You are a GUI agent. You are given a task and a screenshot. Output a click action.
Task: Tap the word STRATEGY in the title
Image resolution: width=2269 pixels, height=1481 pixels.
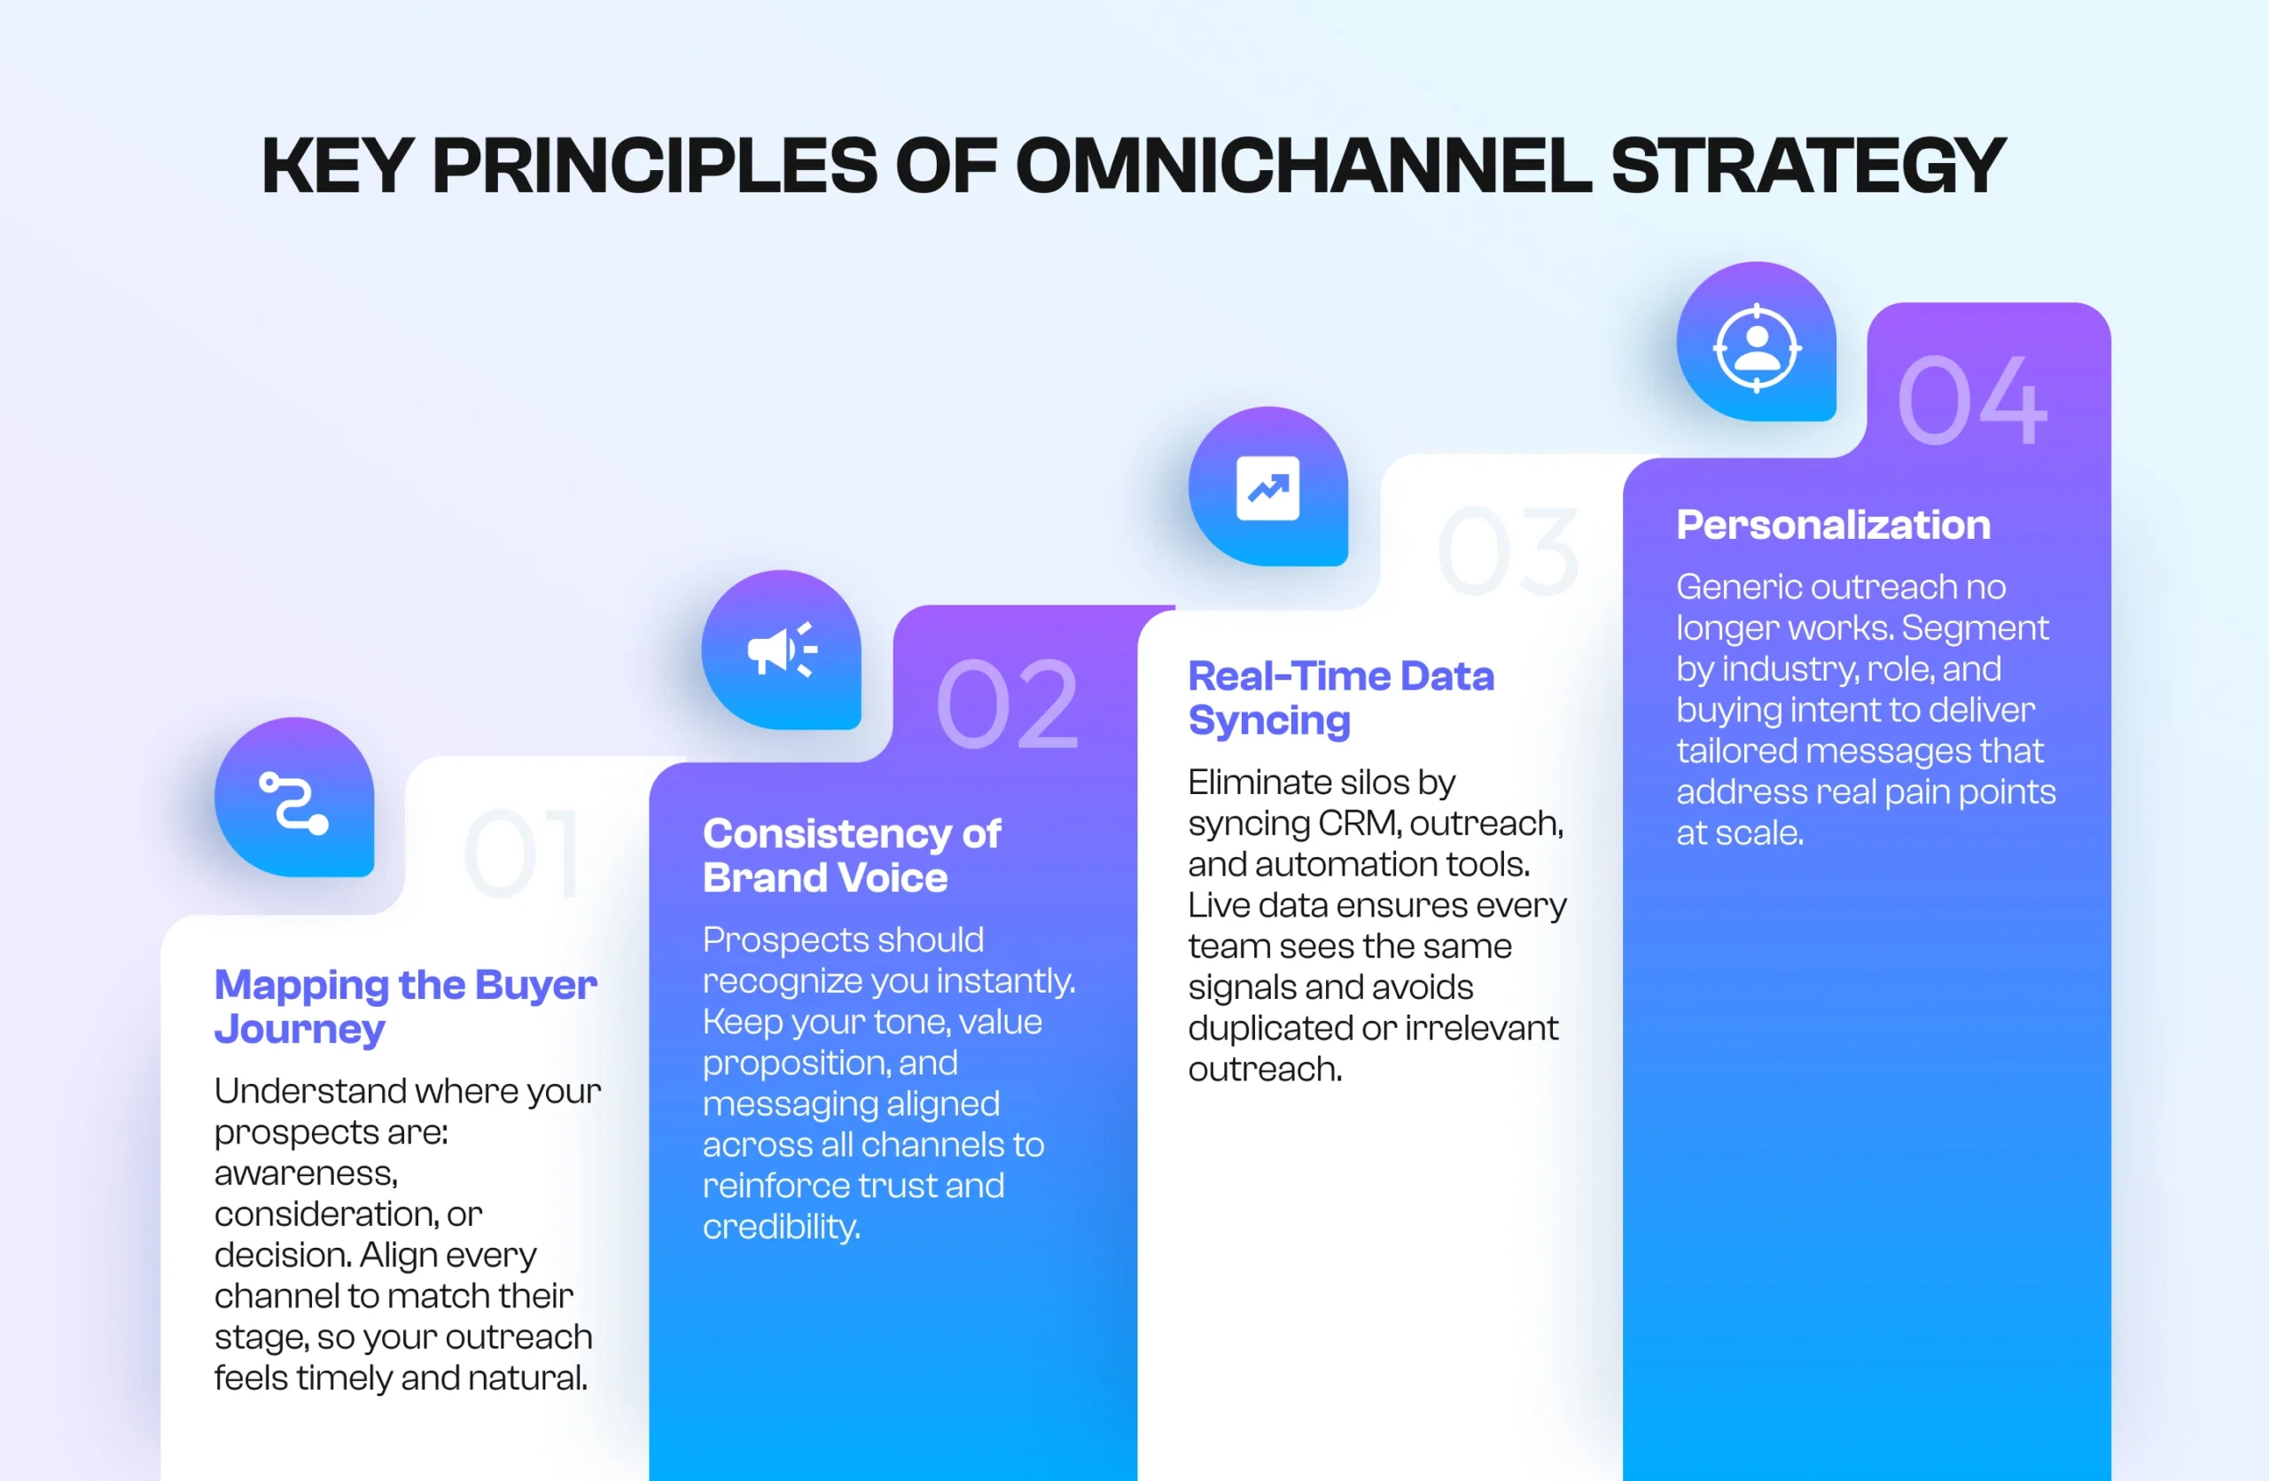coord(1807,166)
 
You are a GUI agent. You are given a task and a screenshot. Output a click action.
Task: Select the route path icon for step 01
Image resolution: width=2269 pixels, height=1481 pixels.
coord(293,802)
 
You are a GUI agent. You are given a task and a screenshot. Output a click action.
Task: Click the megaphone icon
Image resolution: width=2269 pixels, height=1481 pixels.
coord(782,651)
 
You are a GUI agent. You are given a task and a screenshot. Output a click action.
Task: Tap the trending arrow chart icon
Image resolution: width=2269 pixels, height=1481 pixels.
coord(1267,488)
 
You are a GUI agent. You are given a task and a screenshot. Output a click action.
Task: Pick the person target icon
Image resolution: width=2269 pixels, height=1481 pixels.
coord(1756,347)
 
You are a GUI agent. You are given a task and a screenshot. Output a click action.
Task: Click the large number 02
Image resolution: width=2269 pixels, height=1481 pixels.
coord(1007,705)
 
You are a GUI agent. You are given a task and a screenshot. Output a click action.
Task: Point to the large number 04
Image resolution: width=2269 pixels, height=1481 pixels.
coord(1971,401)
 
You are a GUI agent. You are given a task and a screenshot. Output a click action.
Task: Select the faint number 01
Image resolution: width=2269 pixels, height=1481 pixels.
coord(522,854)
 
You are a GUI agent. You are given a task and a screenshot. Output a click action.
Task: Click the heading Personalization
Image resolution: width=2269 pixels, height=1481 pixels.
coord(1832,525)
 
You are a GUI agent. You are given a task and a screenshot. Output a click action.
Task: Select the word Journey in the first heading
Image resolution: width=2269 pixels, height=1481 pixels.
coord(300,1029)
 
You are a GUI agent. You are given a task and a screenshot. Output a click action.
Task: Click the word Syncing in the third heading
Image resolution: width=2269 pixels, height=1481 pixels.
coord(1269,721)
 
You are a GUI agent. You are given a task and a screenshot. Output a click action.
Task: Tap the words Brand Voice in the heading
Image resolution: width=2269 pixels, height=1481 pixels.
coord(824,877)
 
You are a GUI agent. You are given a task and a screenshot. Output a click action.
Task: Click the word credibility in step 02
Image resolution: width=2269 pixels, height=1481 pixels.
coord(781,1227)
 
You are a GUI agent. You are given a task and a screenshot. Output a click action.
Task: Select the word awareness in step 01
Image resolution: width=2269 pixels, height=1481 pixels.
coord(305,1173)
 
